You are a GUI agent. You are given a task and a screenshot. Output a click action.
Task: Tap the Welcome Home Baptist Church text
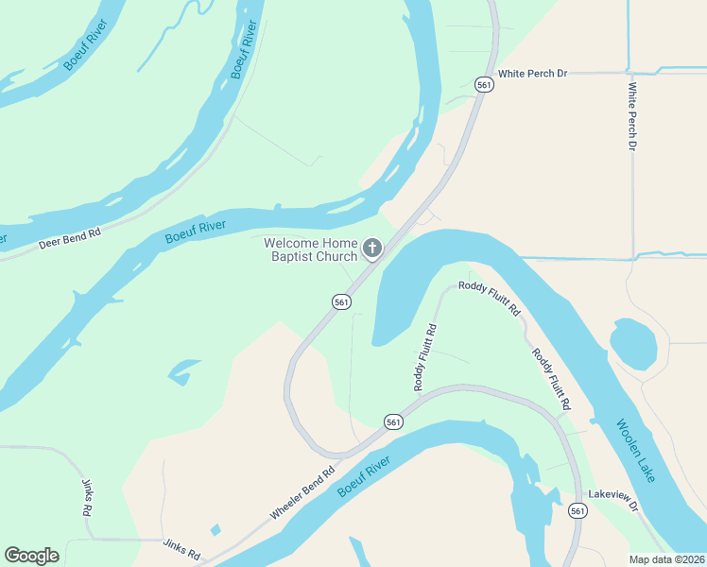pos(311,249)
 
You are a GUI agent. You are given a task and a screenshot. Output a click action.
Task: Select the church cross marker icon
pos(372,249)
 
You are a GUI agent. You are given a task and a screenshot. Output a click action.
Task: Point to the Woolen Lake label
pos(635,452)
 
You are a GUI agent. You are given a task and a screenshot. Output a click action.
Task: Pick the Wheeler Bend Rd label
pos(302,494)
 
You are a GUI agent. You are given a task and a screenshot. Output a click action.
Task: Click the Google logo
pos(31,556)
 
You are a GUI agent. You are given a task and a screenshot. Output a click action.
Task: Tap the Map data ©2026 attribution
pos(666,558)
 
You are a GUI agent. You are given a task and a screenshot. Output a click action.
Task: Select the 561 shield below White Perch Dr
pos(484,85)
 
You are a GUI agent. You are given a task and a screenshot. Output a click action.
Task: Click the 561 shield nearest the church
pos(342,301)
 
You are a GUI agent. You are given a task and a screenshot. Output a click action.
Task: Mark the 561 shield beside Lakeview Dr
pos(578,511)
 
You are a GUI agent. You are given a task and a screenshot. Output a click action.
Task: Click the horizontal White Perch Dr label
pos(532,73)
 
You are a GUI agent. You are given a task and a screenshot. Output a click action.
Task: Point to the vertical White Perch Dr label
pos(632,117)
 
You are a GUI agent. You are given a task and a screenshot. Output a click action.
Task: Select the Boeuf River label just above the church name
pos(196,231)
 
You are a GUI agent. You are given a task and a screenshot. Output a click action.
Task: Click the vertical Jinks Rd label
pos(86,495)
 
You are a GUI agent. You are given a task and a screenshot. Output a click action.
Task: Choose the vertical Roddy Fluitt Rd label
pos(424,357)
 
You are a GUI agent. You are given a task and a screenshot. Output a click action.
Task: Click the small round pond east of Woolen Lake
pos(632,343)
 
